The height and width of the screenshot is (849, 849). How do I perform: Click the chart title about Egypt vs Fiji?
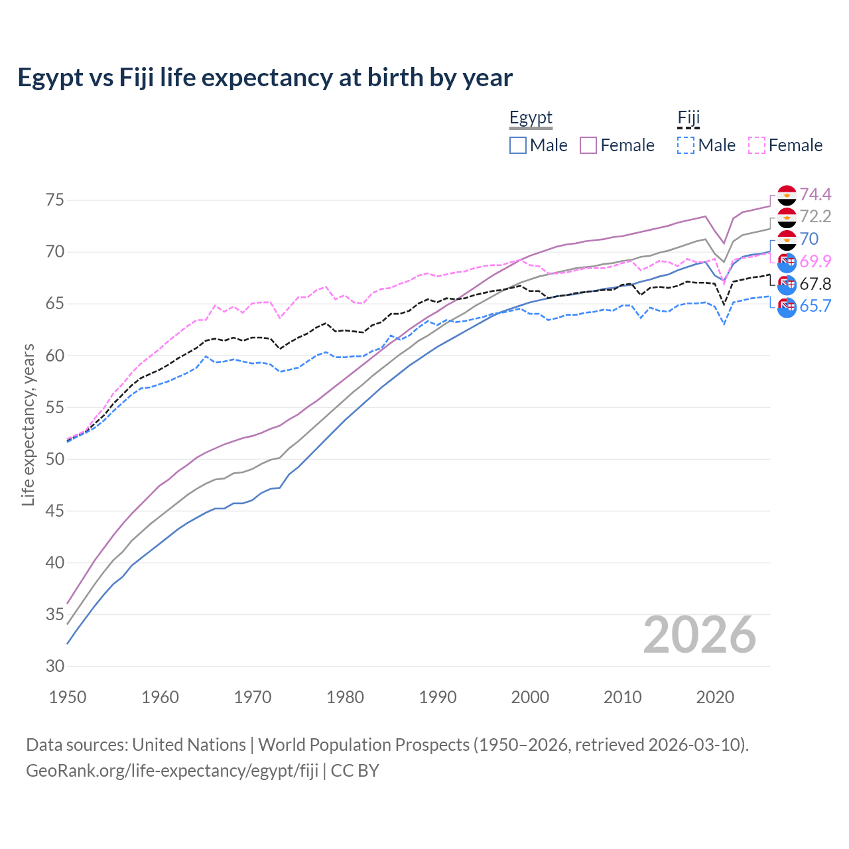pos(265,78)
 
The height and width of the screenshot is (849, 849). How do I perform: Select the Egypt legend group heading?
pos(531,118)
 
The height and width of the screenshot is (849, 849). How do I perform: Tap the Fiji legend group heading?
pos(688,118)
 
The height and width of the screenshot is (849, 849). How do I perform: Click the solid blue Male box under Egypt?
pos(518,145)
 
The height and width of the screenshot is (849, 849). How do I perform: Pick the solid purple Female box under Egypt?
pos(588,145)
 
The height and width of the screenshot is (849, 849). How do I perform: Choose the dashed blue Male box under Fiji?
pos(686,145)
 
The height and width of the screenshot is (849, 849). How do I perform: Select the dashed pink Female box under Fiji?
pos(757,145)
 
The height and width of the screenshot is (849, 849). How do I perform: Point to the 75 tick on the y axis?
pos(56,200)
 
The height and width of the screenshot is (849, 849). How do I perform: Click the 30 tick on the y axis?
pos(56,666)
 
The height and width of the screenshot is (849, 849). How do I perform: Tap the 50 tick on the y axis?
pos(56,459)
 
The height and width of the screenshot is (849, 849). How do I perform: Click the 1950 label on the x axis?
pos(68,697)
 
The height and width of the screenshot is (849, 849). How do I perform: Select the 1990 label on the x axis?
pos(438,697)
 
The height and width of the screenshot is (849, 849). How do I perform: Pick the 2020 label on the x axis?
pos(715,697)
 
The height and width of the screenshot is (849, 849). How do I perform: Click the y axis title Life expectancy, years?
pos(28,424)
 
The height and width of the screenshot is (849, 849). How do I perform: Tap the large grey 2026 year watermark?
pos(699,635)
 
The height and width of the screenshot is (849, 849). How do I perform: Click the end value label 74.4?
pos(815,194)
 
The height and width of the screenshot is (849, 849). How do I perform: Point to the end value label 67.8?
pos(815,284)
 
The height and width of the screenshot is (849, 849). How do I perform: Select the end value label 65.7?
pos(815,306)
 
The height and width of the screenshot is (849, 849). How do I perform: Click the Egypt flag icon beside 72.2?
pos(787,218)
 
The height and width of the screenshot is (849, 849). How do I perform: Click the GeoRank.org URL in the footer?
pos(172,770)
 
